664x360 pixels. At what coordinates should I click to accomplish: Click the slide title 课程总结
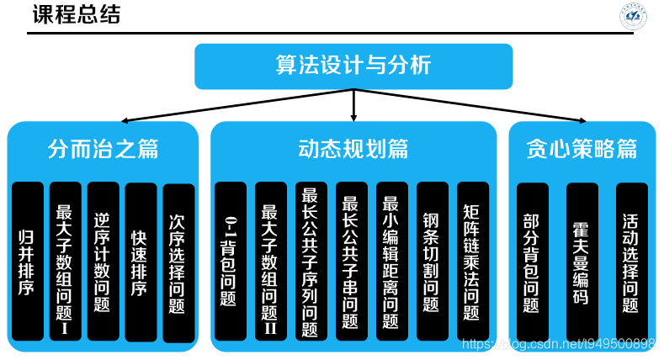[76, 15]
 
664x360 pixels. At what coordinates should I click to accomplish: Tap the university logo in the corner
[633, 16]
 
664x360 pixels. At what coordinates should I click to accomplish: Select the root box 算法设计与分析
[353, 66]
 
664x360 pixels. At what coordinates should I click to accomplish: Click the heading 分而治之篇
[103, 150]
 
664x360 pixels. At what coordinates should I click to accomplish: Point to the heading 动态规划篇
[353, 150]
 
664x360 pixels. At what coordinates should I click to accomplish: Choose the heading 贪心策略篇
[582, 150]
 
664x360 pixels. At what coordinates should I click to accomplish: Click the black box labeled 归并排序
[27, 261]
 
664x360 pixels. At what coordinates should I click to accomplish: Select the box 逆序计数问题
[103, 261]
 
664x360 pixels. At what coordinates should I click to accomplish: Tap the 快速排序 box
[141, 261]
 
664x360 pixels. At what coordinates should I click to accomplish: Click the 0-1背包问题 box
[230, 261]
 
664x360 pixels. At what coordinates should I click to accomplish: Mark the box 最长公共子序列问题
[311, 261]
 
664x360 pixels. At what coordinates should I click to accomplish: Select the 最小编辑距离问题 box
[390, 261]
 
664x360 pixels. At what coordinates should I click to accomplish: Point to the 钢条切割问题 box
[432, 261]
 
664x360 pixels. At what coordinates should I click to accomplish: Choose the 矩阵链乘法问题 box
[472, 261]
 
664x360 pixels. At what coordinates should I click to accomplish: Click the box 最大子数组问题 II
[270, 261]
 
